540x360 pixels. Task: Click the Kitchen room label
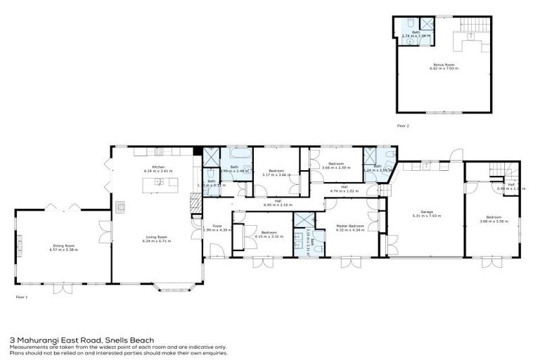157,167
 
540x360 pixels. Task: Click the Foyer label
217,226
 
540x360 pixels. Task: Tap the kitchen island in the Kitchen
158,184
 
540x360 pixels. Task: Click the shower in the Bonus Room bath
426,24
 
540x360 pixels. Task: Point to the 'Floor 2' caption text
403,125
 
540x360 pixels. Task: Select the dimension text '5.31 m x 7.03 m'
426,216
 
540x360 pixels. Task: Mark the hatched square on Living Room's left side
120,207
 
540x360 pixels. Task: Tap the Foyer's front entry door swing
218,250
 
